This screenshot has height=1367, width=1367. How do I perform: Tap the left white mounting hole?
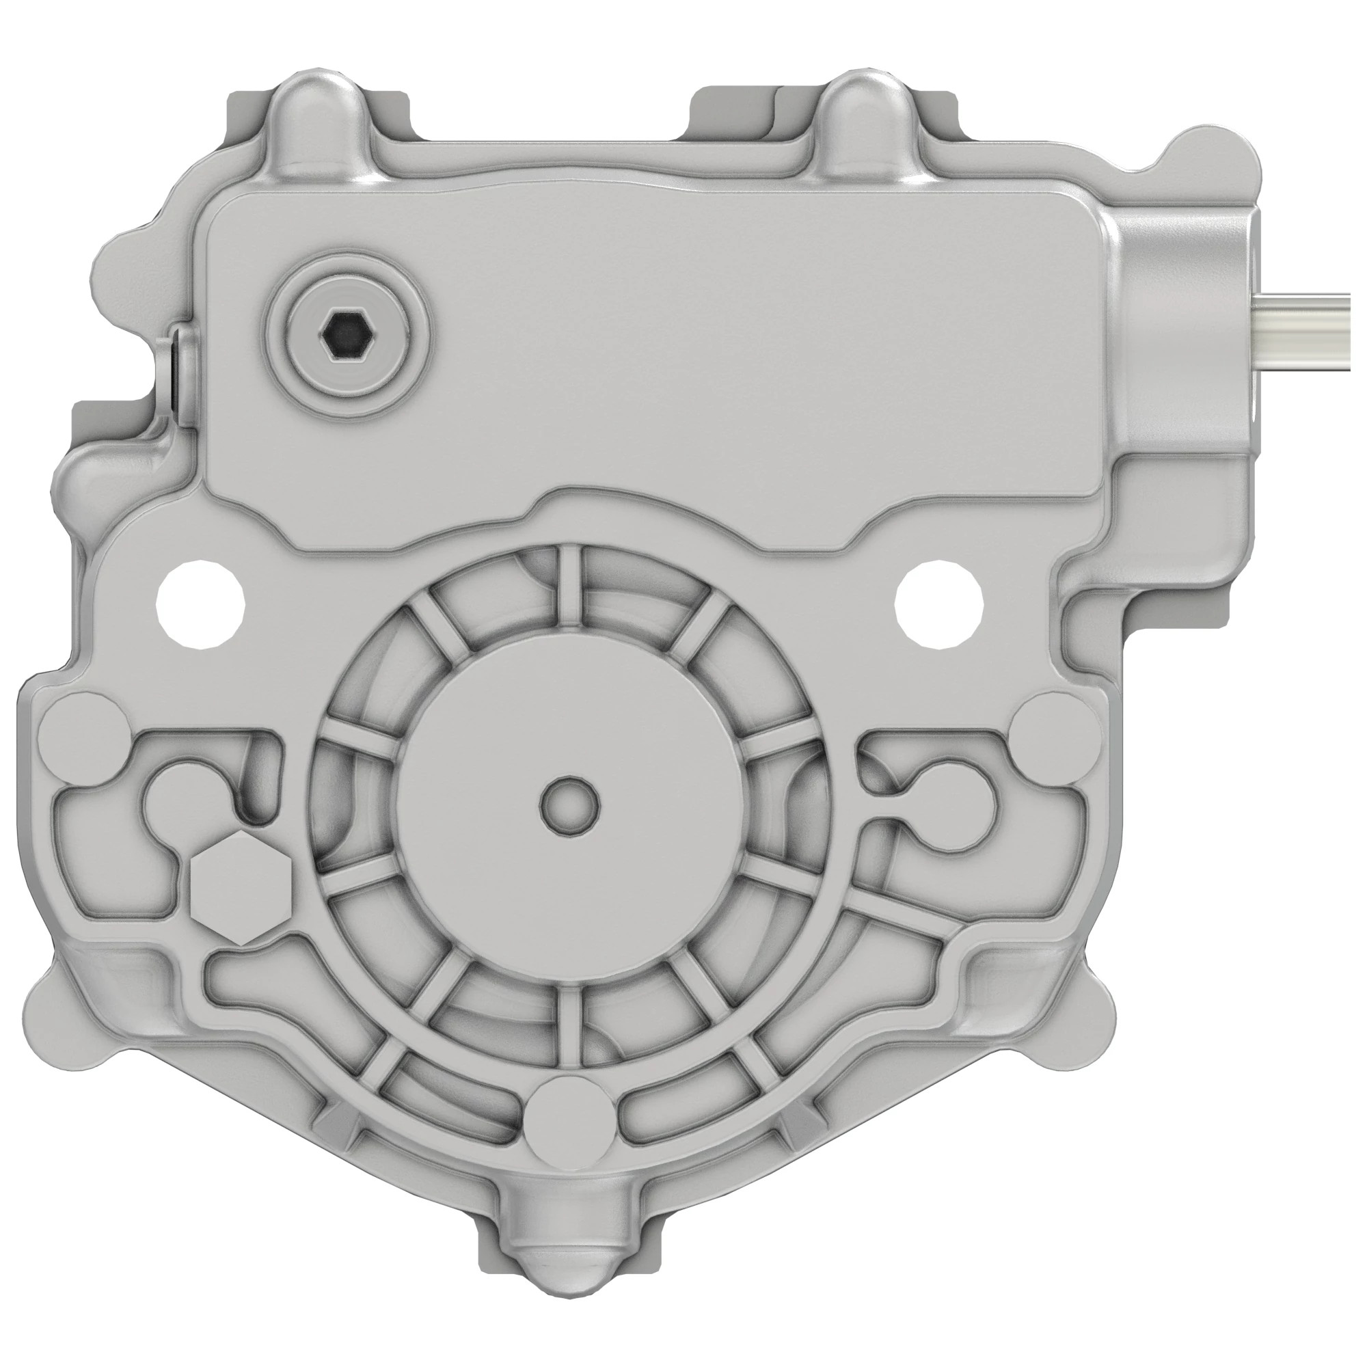[200, 605]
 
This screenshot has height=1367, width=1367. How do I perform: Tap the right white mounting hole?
[939, 605]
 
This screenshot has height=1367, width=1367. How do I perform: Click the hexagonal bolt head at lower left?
[241, 889]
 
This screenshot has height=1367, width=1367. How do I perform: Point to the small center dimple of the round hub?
[569, 802]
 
